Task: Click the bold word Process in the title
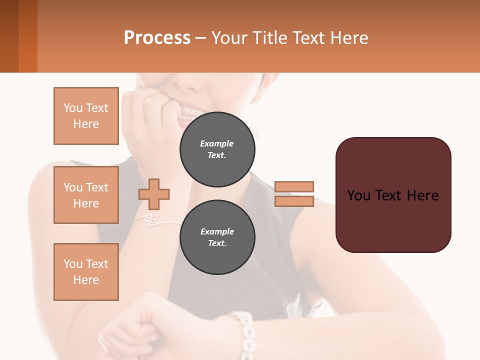157,37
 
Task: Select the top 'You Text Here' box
86,116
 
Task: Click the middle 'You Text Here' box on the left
86,195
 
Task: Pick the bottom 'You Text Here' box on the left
86,272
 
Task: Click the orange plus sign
154,194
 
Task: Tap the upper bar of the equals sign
294,186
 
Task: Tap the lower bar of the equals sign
294,201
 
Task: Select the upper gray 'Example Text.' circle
217,149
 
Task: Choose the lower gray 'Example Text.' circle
217,237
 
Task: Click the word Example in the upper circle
216,143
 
